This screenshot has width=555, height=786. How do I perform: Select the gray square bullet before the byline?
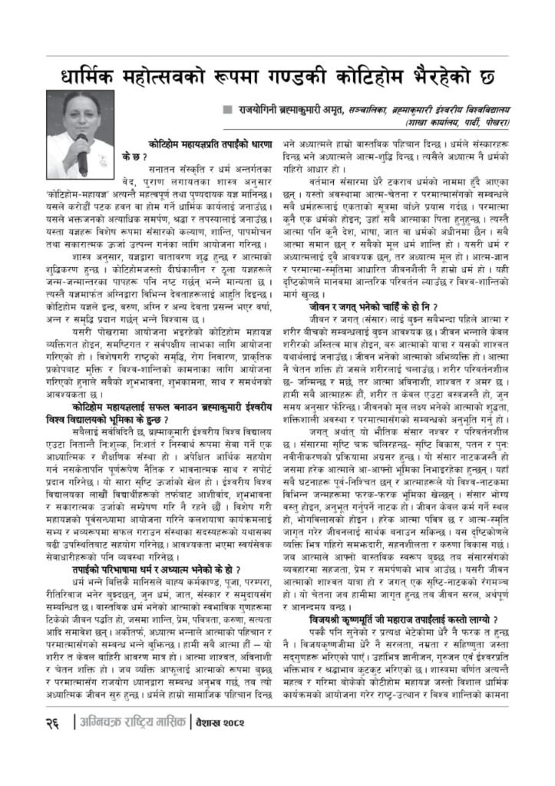tap(226, 109)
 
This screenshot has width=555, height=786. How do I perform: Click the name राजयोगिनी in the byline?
tap(259, 110)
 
